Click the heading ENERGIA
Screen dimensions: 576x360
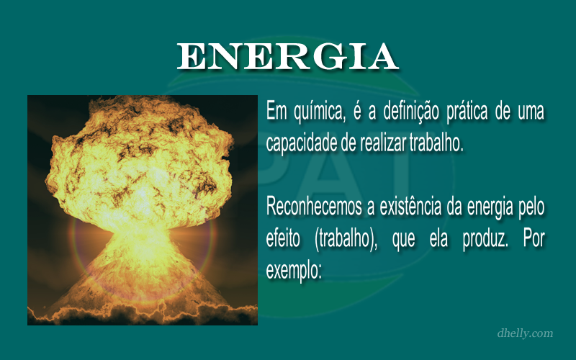pos(287,56)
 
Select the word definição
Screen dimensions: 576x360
pos(410,112)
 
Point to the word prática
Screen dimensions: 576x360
pos(467,111)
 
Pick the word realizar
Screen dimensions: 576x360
pos(383,143)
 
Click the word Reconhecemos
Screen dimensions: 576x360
pos(314,207)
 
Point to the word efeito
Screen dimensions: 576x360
pos(282,238)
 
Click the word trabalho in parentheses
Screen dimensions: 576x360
pos(346,240)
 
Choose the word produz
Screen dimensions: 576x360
pos(485,240)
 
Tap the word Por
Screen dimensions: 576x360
pos(534,238)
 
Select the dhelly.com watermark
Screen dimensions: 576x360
pos(525,333)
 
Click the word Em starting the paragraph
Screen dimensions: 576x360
pos(276,111)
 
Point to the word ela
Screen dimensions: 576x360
pos(438,238)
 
